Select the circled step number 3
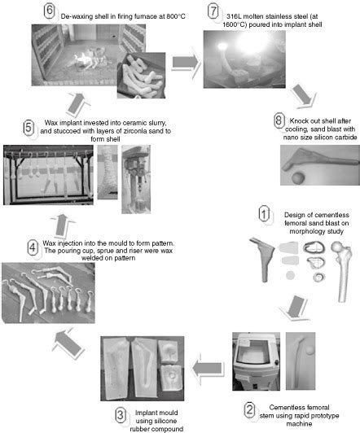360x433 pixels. pyautogui.click(x=121, y=414)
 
